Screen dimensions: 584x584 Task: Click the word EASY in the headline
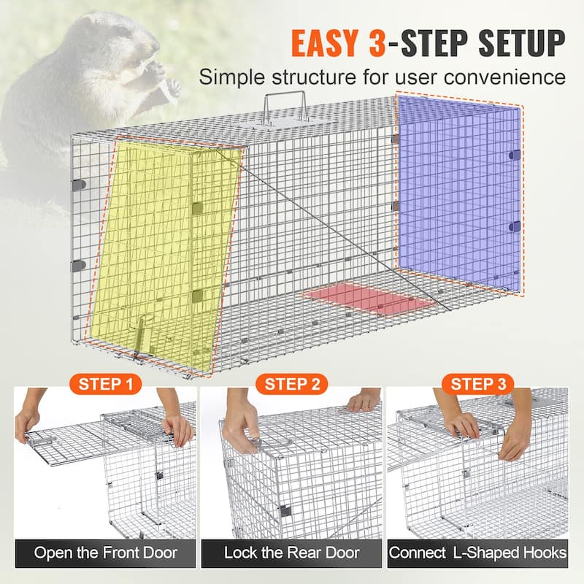[x=325, y=43]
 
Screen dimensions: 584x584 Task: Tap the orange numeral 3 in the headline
[x=377, y=43]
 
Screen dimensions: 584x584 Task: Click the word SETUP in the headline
[x=522, y=43]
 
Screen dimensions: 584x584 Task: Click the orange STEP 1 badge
[x=105, y=384]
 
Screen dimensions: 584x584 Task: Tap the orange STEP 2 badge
[x=291, y=384]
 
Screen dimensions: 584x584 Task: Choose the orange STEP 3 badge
[x=478, y=384]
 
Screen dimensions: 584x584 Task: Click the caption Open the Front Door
[x=106, y=553]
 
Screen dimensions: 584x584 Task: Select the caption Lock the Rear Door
[x=291, y=553]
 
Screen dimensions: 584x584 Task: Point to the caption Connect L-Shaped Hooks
[x=477, y=553]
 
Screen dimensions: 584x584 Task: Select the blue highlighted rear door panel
[x=459, y=193]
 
